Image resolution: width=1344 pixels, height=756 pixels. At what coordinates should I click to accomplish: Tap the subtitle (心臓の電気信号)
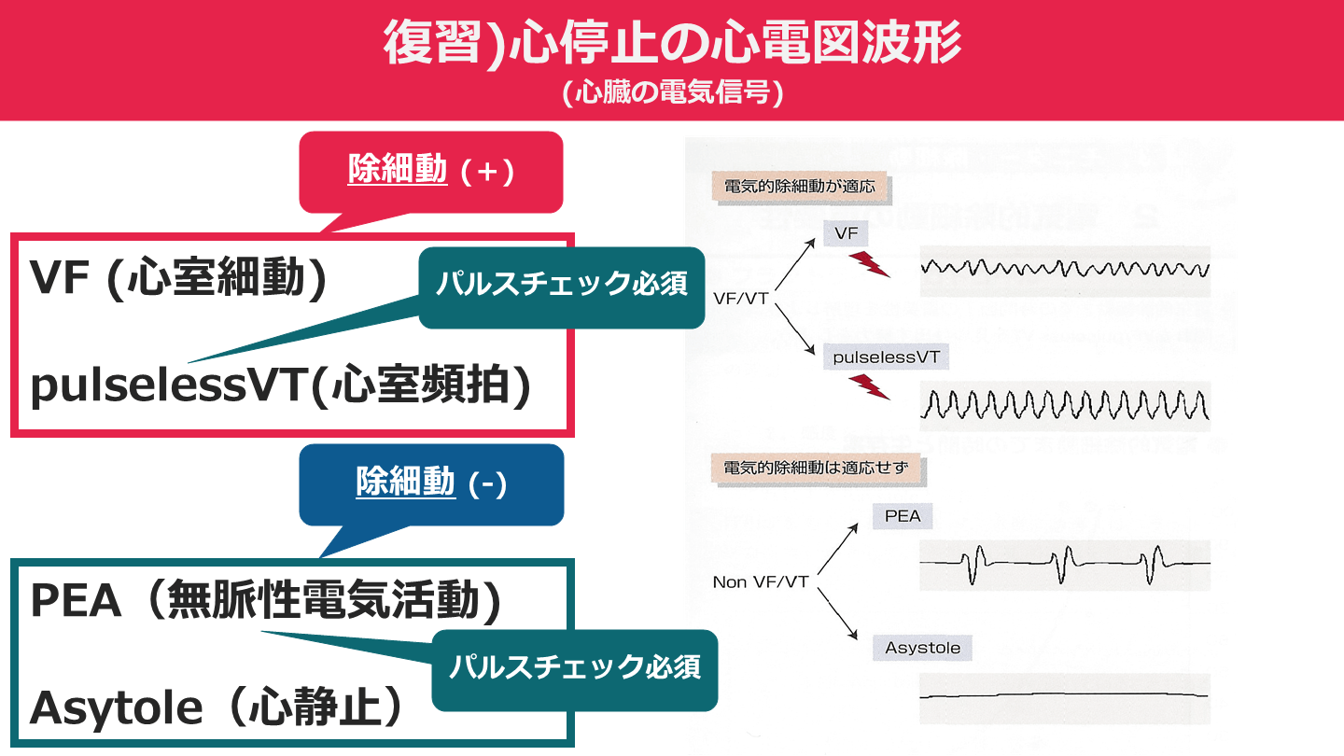(x=672, y=94)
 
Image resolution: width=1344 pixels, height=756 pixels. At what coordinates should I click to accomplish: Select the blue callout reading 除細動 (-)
(x=431, y=483)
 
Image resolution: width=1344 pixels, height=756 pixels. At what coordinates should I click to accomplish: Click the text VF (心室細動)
(x=178, y=279)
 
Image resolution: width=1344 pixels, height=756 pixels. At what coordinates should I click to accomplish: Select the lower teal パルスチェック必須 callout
(x=574, y=668)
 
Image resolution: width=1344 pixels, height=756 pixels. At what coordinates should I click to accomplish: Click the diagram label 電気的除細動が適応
(x=799, y=187)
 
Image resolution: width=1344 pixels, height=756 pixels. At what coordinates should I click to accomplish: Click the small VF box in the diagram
(x=846, y=234)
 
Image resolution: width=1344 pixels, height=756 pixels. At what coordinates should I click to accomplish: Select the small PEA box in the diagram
(x=902, y=516)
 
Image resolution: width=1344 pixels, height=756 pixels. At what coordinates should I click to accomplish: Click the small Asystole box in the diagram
(x=922, y=648)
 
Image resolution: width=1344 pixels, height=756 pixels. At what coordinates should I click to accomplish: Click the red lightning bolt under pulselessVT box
(x=870, y=385)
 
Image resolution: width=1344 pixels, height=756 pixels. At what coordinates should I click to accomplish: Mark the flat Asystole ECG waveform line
(x=1064, y=695)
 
